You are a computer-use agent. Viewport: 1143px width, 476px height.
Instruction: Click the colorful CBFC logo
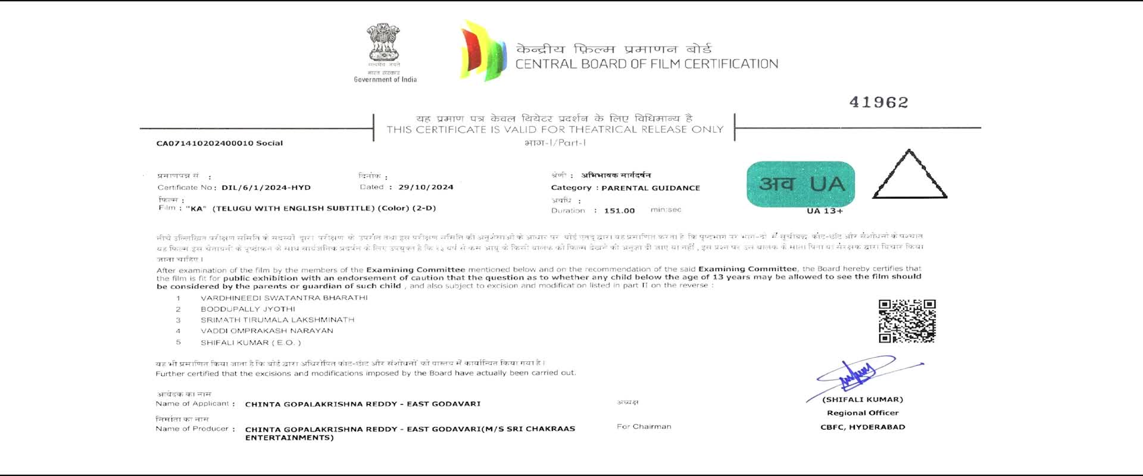(483, 51)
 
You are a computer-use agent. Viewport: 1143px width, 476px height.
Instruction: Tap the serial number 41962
(879, 102)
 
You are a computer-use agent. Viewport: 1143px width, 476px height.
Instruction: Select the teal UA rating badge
(801, 184)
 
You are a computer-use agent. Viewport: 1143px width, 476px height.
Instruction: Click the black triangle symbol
(909, 177)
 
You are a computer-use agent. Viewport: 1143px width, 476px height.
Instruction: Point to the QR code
(907, 321)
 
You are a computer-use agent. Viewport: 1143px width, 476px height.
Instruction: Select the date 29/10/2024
(426, 187)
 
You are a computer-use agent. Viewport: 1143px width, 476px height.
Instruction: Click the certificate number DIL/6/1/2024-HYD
(266, 187)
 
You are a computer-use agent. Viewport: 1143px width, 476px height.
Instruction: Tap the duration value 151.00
(619, 211)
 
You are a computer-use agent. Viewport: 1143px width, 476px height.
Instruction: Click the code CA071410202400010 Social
(219, 143)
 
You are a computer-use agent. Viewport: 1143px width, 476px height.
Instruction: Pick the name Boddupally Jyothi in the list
(248, 309)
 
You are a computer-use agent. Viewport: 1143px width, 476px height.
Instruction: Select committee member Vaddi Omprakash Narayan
(267, 331)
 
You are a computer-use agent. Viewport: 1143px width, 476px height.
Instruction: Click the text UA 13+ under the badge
(825, 211)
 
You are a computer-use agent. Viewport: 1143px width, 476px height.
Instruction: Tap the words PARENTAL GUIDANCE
(651, 188)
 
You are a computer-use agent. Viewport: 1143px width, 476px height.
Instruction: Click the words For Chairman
(644, 427)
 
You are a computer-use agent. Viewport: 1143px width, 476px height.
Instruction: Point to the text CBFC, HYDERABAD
(863, 427)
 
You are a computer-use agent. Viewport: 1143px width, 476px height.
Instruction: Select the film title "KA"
(196, 209)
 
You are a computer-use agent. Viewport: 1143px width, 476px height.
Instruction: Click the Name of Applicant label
(192, 403)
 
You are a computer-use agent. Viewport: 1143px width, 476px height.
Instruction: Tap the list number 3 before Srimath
(178, 320)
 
